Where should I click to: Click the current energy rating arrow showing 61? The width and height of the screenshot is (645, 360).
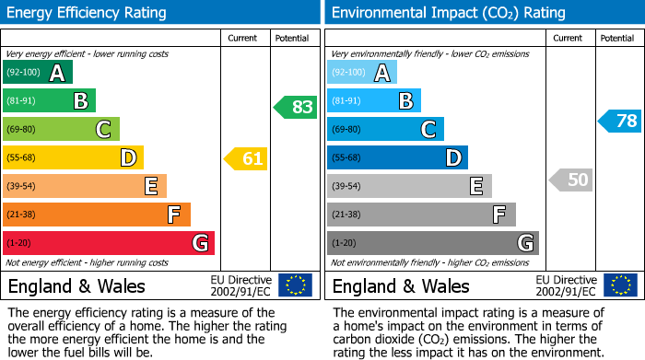[246, 158]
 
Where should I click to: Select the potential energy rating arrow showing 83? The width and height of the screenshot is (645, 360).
[296, 107]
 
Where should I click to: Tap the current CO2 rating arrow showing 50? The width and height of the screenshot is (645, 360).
[571, 180]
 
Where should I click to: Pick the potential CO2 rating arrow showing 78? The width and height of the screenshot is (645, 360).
[620, 121]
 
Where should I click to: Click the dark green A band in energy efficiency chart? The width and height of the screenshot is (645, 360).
[38, 73]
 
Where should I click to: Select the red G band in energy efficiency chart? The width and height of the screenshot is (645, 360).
[109, 243]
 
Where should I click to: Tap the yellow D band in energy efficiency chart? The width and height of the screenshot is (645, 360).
[73, 158]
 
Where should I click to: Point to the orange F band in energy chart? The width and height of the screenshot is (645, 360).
[97, 215]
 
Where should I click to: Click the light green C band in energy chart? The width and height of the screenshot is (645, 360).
[61, 130]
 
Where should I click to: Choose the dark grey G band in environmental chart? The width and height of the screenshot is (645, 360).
[432, 243]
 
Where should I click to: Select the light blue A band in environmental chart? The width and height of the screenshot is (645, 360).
[362, 73]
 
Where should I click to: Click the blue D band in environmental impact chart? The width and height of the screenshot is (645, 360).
[397, 158]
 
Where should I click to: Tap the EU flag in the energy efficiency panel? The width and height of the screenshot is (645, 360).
[296, 285]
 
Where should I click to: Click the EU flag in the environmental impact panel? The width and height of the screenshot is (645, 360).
[620, 285]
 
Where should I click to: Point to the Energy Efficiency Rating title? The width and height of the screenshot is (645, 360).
[88, 13]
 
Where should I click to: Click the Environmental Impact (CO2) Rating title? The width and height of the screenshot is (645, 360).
[448, 13]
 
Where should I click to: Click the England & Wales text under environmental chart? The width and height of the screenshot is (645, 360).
[401, 286]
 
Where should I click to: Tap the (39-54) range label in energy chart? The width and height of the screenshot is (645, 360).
[21, 187]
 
